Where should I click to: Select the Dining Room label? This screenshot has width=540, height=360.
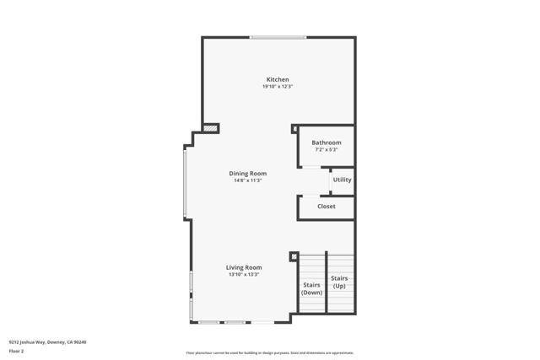[x=247, y=174]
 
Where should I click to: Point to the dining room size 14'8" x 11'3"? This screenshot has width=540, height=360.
[x=247, y=180]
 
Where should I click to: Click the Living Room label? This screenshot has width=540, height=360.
[x=243, y=267]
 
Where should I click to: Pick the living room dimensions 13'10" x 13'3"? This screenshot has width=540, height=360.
[x=243, y=274]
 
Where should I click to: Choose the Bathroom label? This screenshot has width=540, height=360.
[x=326, y=142]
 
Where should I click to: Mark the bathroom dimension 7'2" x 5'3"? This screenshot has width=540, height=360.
[x=326, y=150]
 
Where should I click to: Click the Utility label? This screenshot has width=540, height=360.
[x=342, y=180]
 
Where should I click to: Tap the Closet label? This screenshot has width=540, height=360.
[x=326, y=206]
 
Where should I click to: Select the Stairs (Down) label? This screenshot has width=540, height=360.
[x=311, y=288]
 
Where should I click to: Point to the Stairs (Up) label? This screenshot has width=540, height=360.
[x=339, y=282]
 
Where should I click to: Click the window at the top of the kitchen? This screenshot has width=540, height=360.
[x=278, y=37]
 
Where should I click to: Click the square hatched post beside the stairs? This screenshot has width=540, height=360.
[x=294, y=256]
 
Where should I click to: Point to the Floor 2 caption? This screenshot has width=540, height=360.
[x=16, y=350]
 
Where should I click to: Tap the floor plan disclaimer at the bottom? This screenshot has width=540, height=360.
[x=269, y=352]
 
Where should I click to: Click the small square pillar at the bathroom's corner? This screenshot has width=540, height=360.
[x=294, y=129]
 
